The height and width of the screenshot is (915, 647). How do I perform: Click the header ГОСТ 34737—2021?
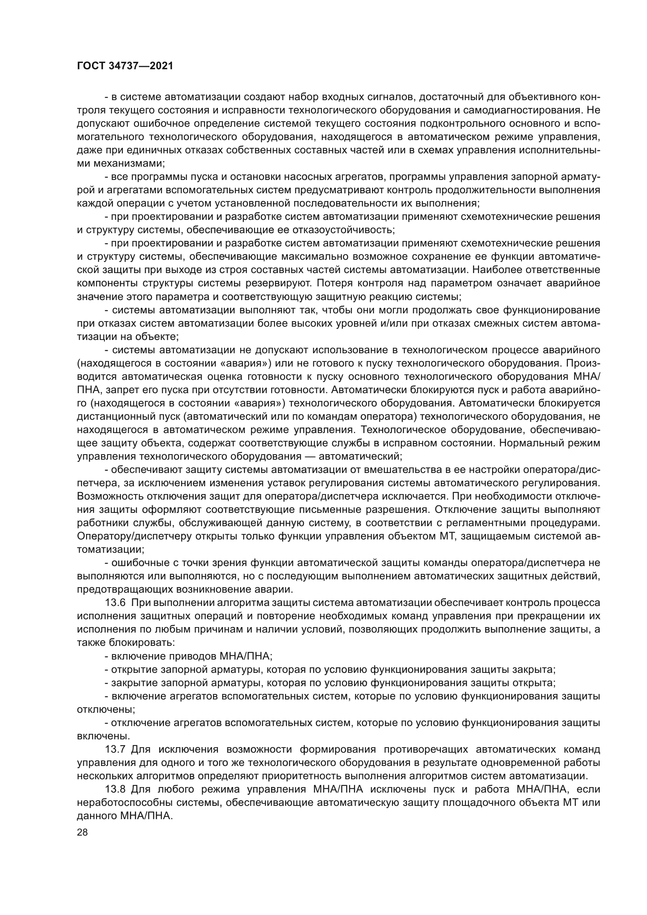coord(125,66)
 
